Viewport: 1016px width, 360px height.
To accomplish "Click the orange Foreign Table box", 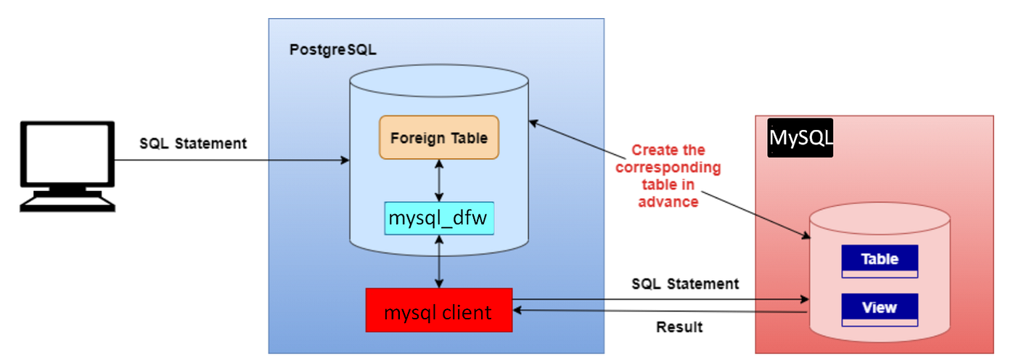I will [439, 137].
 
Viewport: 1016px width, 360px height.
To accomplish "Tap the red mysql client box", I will [438, 311].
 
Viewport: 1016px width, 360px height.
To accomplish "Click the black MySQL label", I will [800, 138].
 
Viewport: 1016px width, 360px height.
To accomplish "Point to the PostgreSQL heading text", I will [333, 50].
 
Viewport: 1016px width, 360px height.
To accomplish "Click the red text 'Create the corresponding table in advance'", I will [668, 176].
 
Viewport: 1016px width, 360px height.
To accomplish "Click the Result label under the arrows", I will [679, 327].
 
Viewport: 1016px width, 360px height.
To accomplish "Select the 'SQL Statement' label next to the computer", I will [193, 143].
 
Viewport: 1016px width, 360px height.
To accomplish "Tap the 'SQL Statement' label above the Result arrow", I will [685, 284].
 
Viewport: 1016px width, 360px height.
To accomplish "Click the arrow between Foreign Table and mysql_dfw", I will [439, 181].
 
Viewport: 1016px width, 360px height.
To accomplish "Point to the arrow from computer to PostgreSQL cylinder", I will [232, 160].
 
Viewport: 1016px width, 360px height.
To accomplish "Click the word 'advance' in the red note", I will [668, 202].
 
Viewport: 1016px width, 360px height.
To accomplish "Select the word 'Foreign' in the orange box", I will [414, 137].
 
